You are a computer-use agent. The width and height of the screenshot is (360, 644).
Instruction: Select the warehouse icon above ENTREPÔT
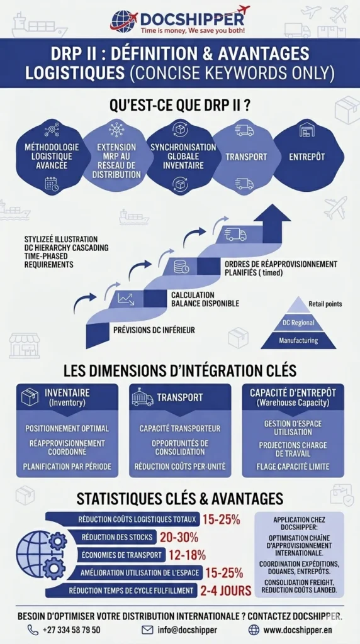pyautogui.click(x=308, y=130)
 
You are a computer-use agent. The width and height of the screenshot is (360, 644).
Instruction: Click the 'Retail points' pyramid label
pyautogui.click(x=325, y=304)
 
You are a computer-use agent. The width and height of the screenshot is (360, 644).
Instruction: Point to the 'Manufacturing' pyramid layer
pyautogui.click(x=298, y=340)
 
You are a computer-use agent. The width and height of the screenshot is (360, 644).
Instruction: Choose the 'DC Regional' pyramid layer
pyautogui.click(x=298, y=323)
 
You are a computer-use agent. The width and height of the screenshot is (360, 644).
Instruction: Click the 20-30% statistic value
pyautogui.click(x=179, y=537)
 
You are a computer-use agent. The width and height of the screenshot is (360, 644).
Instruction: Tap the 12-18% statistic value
pyautogui.click(x=187, y=555)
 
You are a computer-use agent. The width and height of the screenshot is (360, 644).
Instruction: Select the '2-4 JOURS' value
pyautogui.click(x=225, y=591)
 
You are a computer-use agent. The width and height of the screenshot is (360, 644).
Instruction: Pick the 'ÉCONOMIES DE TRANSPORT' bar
pyautogui.click(x=121, y=555)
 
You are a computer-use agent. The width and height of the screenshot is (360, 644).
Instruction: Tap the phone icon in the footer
pyautogui.click(x=33, y=630)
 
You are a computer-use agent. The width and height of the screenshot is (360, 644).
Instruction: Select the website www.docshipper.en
pyautogui.click(x=298, y=630)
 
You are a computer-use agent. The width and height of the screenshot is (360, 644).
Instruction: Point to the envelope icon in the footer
pyautogui.click(x=147, y=630)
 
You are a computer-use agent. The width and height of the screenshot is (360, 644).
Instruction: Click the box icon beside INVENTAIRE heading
pyautogui.click(x=30, y=397)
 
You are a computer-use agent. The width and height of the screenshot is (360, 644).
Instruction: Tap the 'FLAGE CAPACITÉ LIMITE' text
pyautogui.click(x=293, y=467)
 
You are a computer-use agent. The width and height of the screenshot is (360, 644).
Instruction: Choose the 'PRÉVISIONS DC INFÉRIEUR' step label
pyautogui.click(x=154, y=330)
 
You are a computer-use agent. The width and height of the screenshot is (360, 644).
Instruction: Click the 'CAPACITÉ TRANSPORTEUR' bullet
pyautogui.click(x=180, y=428)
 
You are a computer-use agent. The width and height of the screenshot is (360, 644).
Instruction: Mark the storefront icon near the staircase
pyautogui.click(x=25, y=345)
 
